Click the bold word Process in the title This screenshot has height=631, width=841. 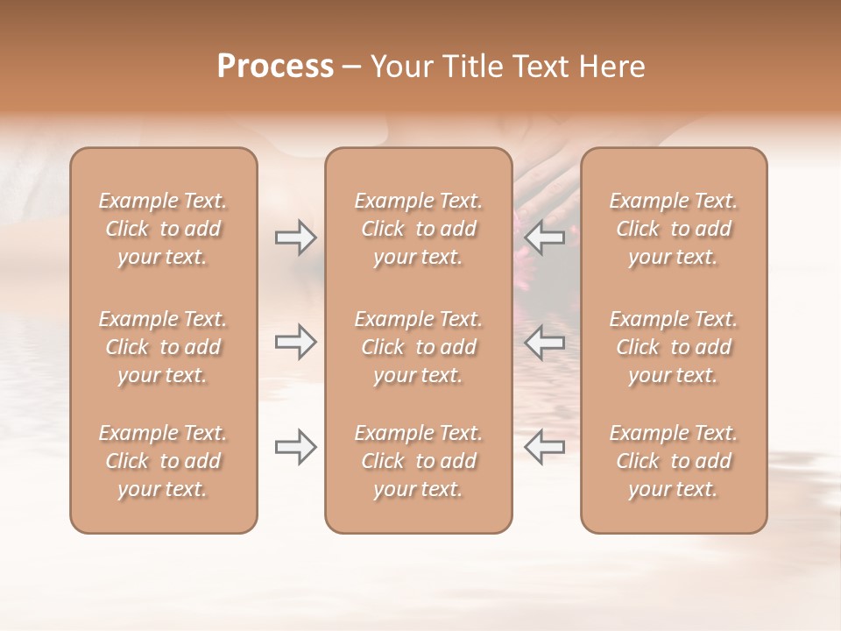point(275,67)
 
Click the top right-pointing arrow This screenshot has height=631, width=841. point(295,237)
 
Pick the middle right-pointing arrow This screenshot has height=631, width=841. point(295,342)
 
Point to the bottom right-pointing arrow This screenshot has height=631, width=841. point(295,447)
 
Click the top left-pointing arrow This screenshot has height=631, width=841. point(545,237)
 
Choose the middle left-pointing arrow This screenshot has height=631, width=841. point(545,342)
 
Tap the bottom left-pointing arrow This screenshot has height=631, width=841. point(545,447)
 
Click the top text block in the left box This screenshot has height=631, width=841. point(163,229)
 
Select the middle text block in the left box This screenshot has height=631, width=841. point(163,347)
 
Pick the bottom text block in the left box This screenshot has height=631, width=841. point(163,461)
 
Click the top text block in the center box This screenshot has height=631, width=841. point(419,229)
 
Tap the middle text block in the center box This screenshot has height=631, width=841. point(419,347)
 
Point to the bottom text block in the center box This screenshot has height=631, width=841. point(419,461)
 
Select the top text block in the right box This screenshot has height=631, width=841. point(674,229)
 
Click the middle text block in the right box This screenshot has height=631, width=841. point(674,347)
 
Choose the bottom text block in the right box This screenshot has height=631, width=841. point(674,461)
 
